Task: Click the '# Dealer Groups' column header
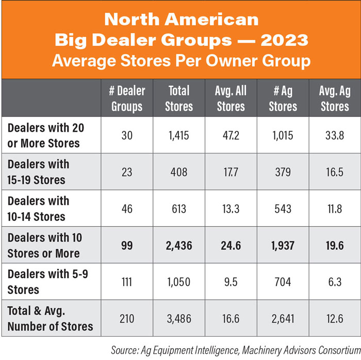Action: pyautogui.click(x=127, y=99)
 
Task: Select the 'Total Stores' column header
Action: pyautogui.click(x=179, y=99)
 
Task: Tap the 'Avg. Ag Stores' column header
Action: pyautogui.click(x=334, y=99)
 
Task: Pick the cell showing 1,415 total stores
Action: pyautogui.click(x=179, y=136)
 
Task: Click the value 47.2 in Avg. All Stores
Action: pyautogui.click(x=231, y=136)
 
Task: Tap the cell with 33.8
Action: pyautogui.click(x=334, y=136)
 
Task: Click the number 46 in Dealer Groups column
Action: pyautogui.click(x=127, y=209)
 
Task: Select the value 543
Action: pyautogui.click(x=283, y=209)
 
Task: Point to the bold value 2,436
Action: pyautogui.click(x=179, y=246)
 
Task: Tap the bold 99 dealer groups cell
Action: pyautogui.click(x=127, y=246)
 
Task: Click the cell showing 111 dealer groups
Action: pyautogui.click(x=127, y=282)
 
